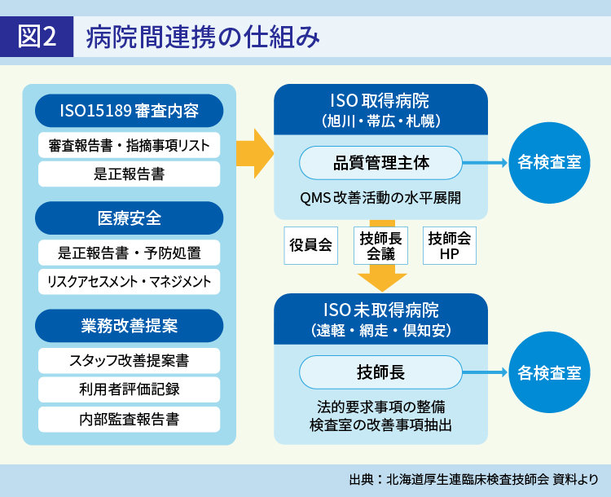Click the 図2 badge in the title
pos(37,37)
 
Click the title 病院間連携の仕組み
pos(204,37)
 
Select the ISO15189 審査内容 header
pos(130,110)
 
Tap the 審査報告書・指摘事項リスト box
pos(130,146)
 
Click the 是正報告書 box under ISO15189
pos(130,174)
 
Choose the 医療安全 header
pos(130,218)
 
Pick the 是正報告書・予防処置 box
pos(130,253)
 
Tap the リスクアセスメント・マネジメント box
pos(130,281)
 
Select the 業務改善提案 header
pos(130,326)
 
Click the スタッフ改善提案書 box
pos(130,360)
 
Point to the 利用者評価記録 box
pos(130,389)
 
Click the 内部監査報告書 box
pos(130,419)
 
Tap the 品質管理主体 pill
pos(381,163)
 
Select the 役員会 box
pos(311,245)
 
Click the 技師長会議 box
pos(381,245)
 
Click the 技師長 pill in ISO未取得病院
pos(381,372)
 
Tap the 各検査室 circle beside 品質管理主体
pos(549,163)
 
